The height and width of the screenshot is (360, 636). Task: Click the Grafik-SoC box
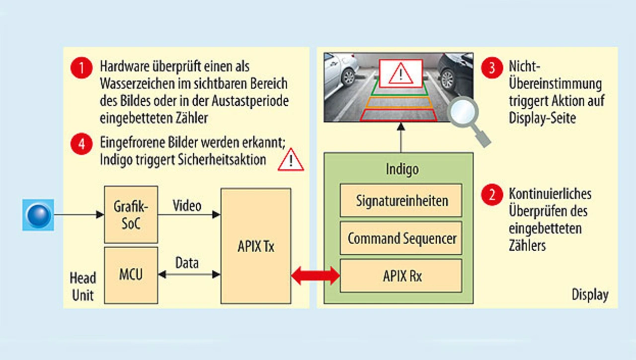click(x=131, y=214)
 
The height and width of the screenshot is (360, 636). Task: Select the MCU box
click(x=131, y=275)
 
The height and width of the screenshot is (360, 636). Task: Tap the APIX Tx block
click(x=255, y=246)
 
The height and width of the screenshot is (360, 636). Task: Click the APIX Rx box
click(x=401, y=276)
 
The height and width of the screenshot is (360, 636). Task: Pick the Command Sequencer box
click(x=401, y=238)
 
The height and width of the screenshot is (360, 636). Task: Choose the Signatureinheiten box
click(x=401, y=201)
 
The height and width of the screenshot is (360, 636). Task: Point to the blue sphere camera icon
click(x=38, y=215)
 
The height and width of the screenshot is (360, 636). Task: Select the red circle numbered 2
click(x=492, y=195)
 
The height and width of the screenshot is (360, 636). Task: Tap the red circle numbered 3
click(x=492, y=68)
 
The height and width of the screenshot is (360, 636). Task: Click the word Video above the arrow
click(x=187, y=205)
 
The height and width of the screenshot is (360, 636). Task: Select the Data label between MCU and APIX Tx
click(x=187, y=263)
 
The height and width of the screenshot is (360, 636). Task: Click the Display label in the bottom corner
click(x=590, y=294)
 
